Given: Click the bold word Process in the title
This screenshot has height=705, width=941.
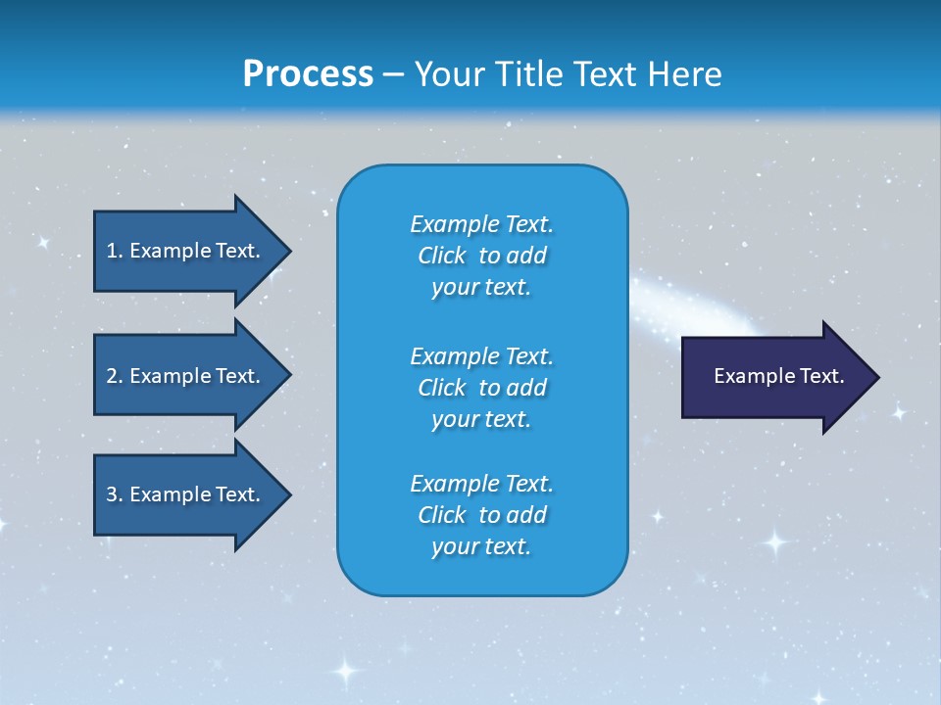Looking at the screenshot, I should click(308, 73).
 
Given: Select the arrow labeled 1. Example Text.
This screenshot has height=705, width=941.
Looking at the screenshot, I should click(191, 251).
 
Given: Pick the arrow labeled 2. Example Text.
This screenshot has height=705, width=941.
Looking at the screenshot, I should click(191, 376).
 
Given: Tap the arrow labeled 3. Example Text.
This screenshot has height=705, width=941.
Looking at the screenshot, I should click(191, 494).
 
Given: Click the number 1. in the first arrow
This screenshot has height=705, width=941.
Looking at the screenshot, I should click(115, 251).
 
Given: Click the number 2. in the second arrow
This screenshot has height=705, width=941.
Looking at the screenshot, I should click(115, 376).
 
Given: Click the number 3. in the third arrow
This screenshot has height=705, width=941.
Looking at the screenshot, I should click(115, 494).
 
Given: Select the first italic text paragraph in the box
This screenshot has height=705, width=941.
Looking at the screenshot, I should click(481, 256).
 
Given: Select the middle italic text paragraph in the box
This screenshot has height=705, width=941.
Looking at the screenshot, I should click(481, 387).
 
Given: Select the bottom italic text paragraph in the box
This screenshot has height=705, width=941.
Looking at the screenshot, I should click(481, 515).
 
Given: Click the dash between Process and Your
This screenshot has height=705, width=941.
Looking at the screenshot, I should click(394, 74).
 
